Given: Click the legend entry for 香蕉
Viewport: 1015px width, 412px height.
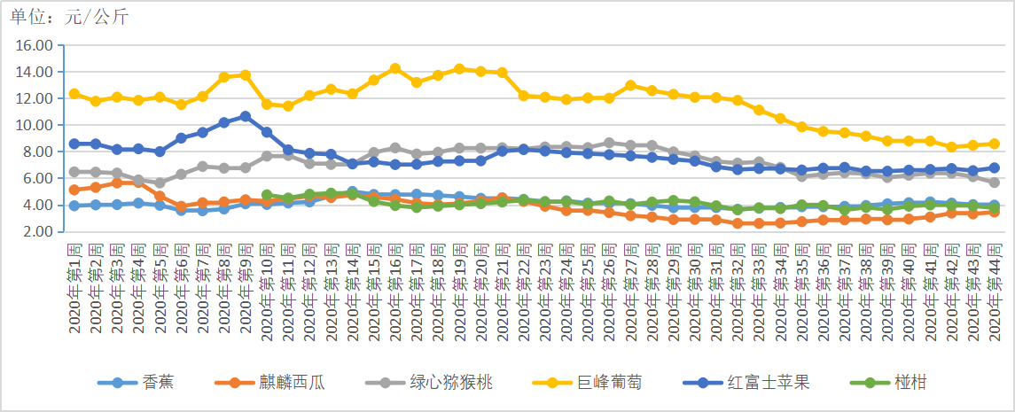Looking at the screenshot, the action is click(136, 382).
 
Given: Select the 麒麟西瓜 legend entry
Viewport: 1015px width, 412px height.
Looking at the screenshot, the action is click(269, 382).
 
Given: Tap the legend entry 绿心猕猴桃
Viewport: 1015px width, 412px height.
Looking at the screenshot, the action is click(429, 382).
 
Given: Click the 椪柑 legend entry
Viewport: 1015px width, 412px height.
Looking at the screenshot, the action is click(887, 382).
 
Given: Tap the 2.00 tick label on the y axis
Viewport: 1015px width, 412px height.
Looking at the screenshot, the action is click(37, 231).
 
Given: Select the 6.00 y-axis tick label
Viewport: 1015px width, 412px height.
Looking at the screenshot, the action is click(37, 178).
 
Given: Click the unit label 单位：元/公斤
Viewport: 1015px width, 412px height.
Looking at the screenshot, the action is click(69, 18).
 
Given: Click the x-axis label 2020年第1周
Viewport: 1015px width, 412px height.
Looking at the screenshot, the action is click(74, 289).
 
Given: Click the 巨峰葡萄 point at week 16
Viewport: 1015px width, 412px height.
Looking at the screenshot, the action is click(394, 68).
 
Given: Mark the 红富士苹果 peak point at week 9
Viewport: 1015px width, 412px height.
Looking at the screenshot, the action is click(246, 116).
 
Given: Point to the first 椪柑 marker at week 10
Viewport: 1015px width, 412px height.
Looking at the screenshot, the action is click(267, 195).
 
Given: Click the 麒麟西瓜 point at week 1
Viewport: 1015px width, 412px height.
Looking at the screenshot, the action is click(74, 190).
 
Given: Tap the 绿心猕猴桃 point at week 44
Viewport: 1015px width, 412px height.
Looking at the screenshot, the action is click(995, 183).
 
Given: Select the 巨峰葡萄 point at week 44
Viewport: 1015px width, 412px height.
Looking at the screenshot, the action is click(995, 144).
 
